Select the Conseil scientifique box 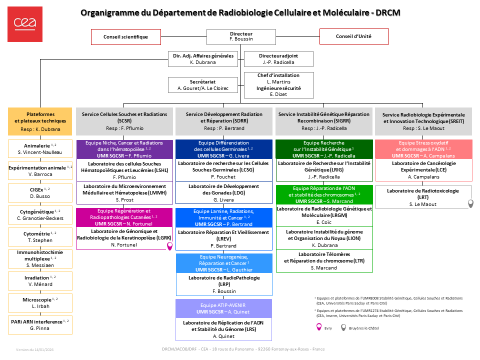pos(126,36)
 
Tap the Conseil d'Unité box pos(353,36)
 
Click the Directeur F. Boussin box pos(241,36)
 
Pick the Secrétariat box pos(202,85)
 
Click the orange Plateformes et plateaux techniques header pos(40,121)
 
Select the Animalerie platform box pos(40,148)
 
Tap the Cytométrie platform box pos(40,236)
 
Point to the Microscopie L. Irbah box pos(40,302)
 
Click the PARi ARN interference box pos(40,324)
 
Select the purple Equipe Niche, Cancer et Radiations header pos(124,149)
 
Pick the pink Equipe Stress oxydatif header pos(423,149)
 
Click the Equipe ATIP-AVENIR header pos(224,308)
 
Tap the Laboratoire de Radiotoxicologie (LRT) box pos(423,197)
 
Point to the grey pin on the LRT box pos(470,203)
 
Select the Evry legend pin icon pos(318,327)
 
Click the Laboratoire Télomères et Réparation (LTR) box pos(324,261)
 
